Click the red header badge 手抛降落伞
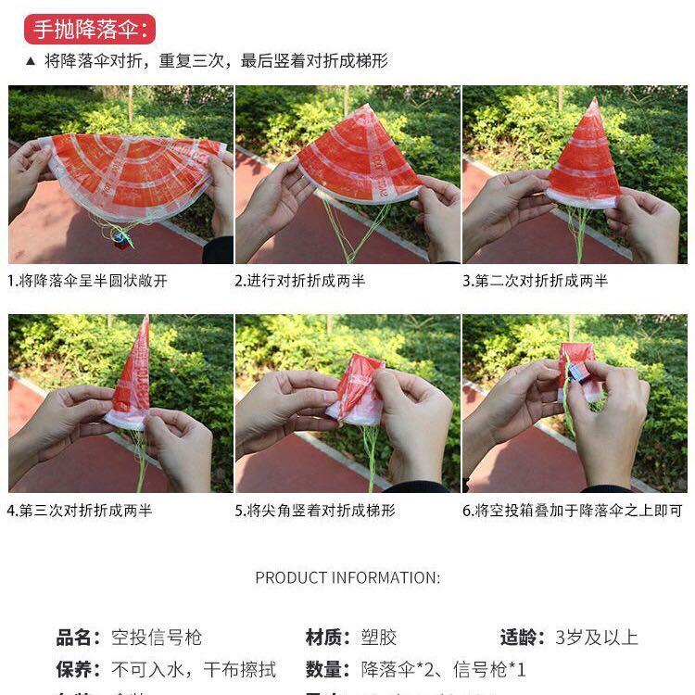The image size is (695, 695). click(89, 29)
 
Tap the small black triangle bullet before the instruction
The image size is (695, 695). click(30, 62)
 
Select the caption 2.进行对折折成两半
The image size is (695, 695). click(300, 281)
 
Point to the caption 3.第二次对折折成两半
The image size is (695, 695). click(536, 281)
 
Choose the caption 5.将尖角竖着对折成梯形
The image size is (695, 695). click(315, 510)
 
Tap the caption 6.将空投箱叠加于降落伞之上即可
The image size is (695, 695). click(573, 510)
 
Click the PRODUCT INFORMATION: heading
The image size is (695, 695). click(347, 577)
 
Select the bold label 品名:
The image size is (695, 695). click(78, 638)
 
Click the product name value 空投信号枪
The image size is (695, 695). click(157, 638)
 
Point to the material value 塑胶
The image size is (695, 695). click(378, 638)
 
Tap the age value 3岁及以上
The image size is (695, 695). click(597, 638)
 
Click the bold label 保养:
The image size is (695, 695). click(78, 669)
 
